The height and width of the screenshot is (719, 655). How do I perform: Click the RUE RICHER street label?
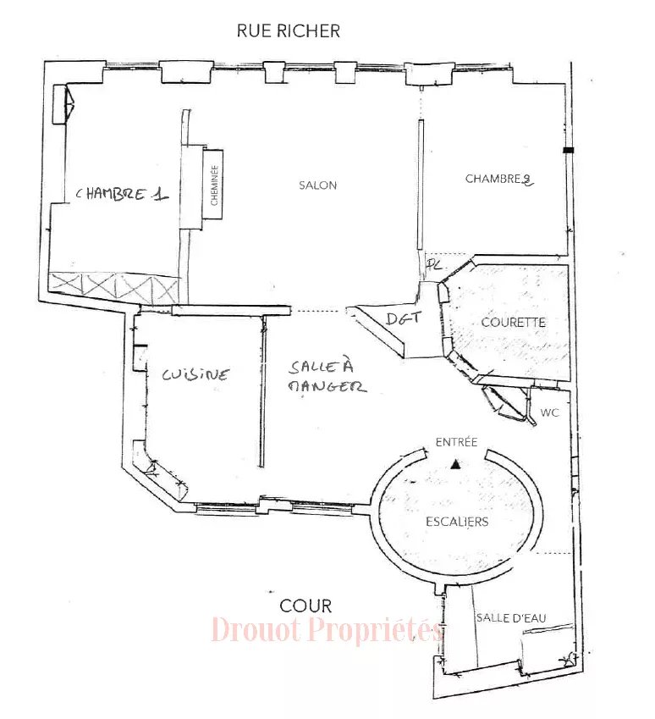(289, 30)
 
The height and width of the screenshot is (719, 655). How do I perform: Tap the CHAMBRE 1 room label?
(122, 194)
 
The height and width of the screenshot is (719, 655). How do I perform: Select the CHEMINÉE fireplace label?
(214, 185)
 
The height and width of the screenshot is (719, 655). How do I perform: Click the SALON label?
(317, 185)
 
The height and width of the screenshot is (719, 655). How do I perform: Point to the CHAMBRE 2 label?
(499, 179)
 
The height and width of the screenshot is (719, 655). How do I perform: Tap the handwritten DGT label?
(403, 318)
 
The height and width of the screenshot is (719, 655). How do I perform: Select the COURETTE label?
(514, 323)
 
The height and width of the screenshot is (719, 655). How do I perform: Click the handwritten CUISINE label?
(195, 374)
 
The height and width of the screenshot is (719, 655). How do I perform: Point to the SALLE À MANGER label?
(327, 377)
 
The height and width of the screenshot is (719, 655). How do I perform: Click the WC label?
(549, 412)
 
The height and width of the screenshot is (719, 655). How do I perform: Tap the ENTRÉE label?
(456, 442)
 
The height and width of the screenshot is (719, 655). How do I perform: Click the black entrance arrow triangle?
(454, 464)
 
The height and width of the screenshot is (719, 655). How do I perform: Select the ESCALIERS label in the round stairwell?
(457, 522)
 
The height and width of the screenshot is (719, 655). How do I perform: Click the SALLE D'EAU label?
(511, 618)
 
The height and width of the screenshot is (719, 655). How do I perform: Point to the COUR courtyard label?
(305, 606)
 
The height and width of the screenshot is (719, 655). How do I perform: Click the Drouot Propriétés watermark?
(327, 629)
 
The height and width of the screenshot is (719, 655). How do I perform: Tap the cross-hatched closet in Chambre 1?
(113, 286)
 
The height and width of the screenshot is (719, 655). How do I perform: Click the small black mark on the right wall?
(569, 150)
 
